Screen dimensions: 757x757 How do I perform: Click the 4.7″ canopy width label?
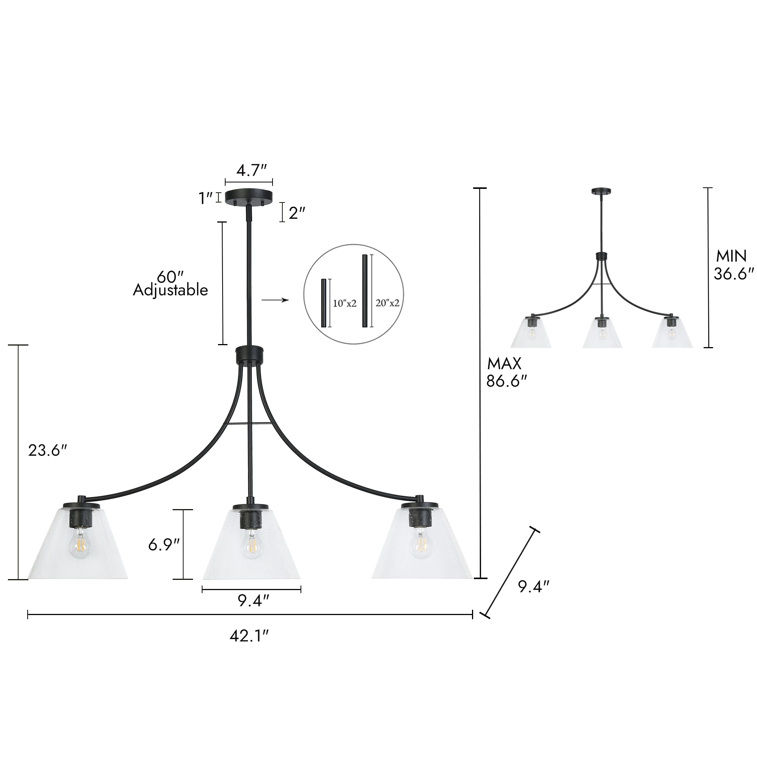click(x=251, y=171)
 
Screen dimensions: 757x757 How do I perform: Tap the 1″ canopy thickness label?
click(x=206, y=198)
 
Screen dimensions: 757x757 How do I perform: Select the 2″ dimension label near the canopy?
click(x=297, y=213)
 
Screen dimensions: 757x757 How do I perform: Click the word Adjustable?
click(x=170, y=290)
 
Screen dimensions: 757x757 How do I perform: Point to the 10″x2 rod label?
click(x=344, y=303)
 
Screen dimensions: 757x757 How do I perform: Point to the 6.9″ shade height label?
click(x=164, y=545)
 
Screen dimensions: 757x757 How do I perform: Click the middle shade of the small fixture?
click(x=602, y=333)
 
